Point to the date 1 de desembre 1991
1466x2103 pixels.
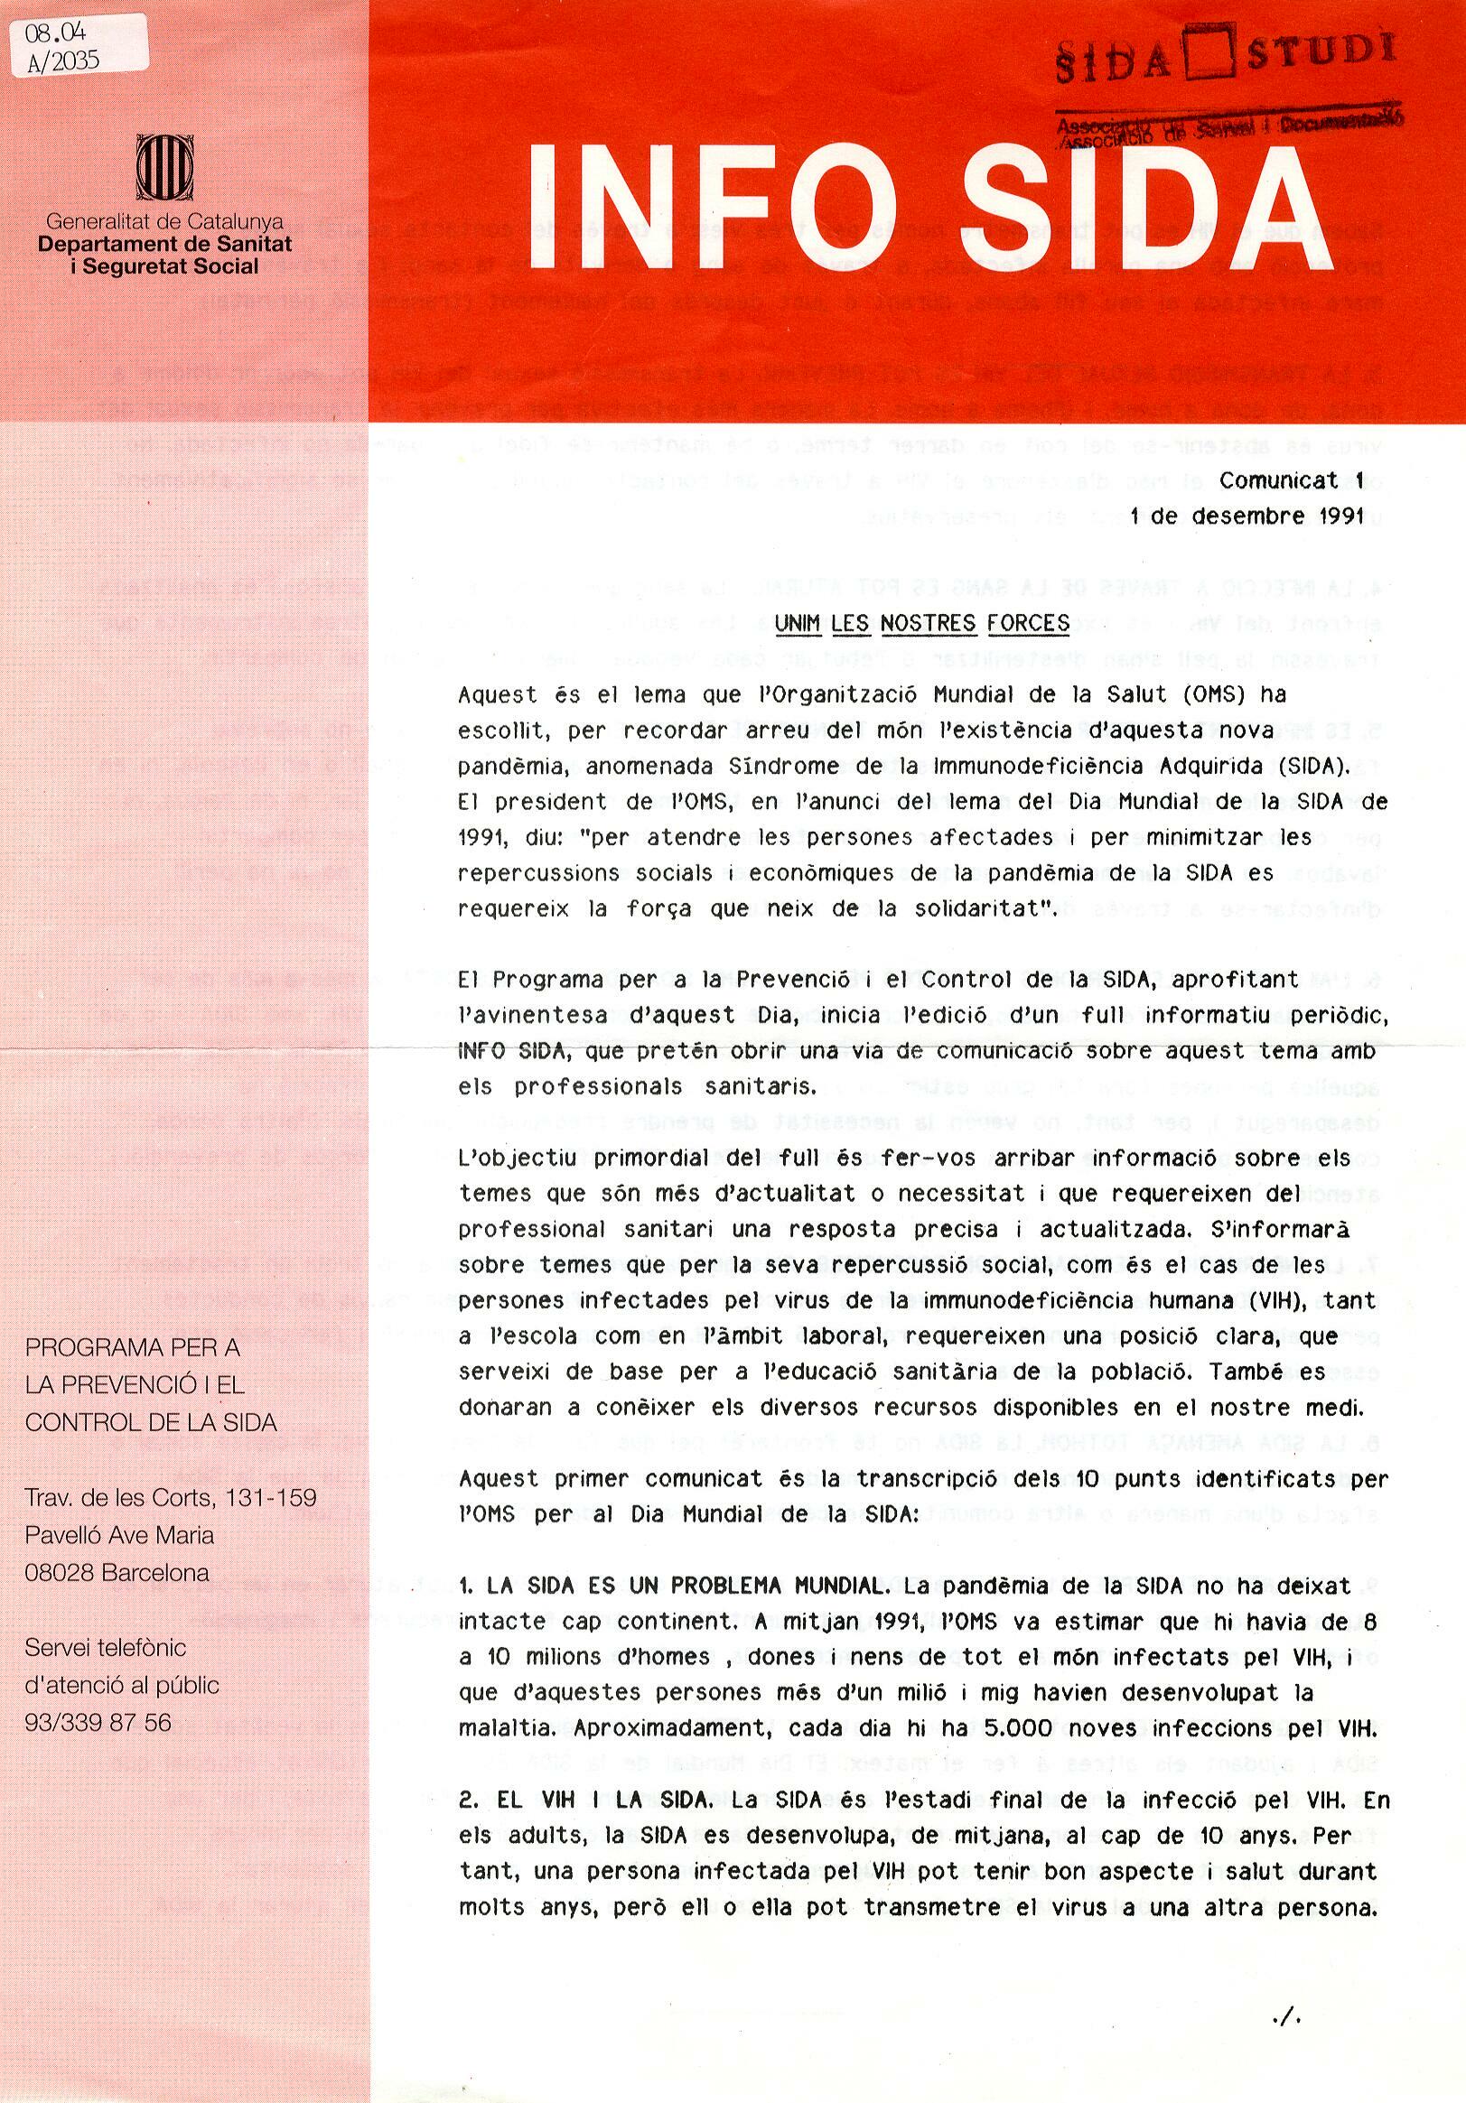tap(1247, 516)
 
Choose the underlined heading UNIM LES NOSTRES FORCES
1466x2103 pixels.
tap(921, 624)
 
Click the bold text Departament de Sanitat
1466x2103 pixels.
tap(165, 244)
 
